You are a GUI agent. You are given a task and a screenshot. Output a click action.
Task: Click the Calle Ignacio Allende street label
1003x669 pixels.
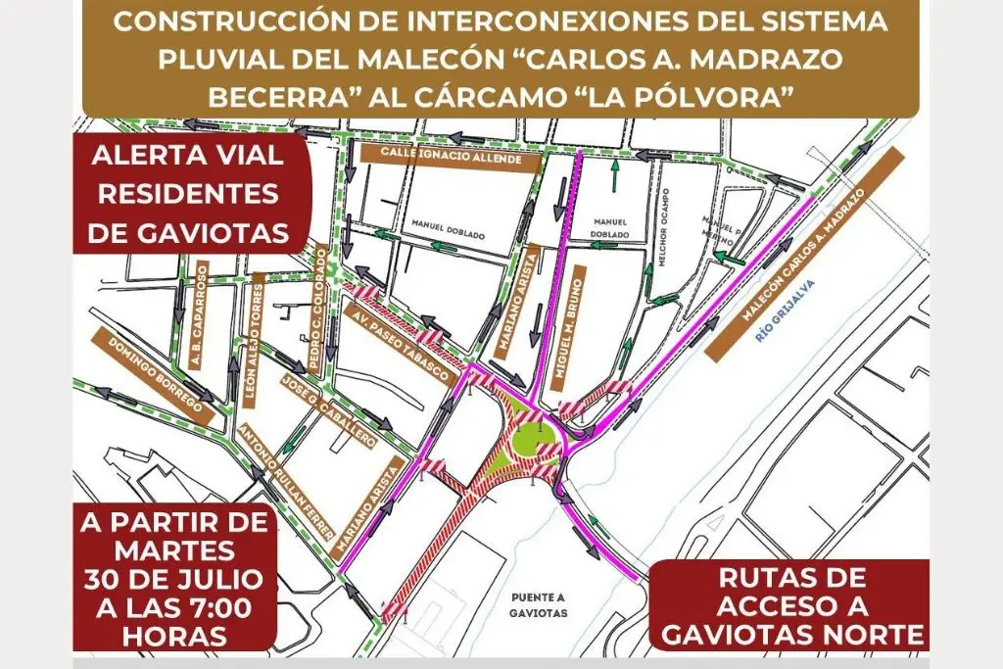tap(450, 157)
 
